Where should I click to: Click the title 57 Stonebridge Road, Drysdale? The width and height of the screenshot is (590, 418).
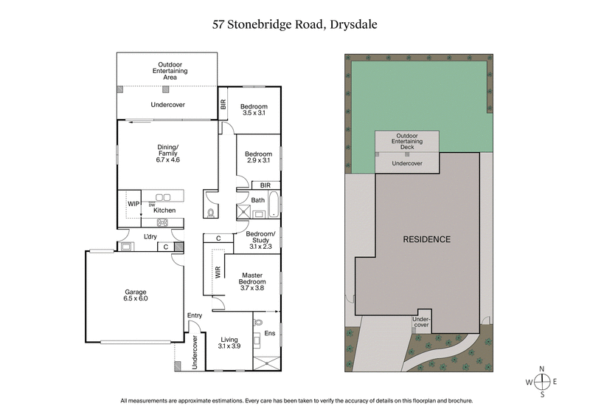pyautogui.click(x=294, y=24)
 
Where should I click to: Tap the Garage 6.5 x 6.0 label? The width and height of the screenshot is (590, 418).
pyautogui.click(x=136, y=295)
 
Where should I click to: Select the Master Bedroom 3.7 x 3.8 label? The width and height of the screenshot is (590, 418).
pyautogui.click(x=252, y=284)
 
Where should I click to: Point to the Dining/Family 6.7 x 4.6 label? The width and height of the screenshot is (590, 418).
pyautogui.click(x=168, y=154)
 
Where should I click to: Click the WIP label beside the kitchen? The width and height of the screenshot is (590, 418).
pyautogui.click(x=133, y=204)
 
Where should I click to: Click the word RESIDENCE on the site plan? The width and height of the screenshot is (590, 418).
pyautogui.click(x=426, y=239)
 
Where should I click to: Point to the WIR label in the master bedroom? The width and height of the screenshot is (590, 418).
pyautogui.click(x=218, y=272)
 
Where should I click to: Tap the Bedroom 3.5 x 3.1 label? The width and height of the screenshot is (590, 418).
pyautogui.click(x=253, y=109)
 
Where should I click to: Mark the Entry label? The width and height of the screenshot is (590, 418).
pyautogui.click(x=195, y=316)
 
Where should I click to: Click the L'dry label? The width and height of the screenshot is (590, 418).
pyautogui.click(x=150, y=236)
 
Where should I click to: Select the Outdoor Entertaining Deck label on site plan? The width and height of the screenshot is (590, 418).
pyautogui.click(x=407, y=141)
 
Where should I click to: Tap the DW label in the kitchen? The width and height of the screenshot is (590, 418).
pyautogui.click(x=152, y=205)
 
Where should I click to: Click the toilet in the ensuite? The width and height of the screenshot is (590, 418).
pyautogui.click(x=259, y=323)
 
